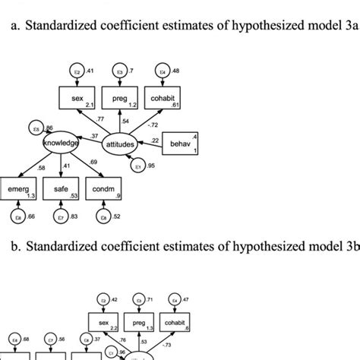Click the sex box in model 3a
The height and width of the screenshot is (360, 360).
(x=80, y=99)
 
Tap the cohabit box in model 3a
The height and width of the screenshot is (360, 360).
(x=165, y=99)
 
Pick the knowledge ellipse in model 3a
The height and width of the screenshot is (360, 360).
(x=61, y=142)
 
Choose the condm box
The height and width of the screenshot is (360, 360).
(x=106, y=190)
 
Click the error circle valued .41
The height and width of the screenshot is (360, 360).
(x=76, y=71)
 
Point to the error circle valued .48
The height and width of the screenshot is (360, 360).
(x=162, y=71)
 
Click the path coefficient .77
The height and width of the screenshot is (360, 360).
(x=100, y=120)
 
